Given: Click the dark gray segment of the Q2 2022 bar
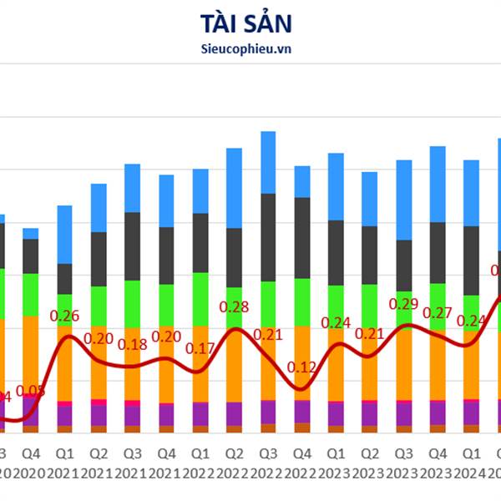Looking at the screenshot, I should [x=235, y=256].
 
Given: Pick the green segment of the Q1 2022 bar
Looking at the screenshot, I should [x=200, y=298].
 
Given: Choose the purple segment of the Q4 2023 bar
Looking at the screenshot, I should [x=438, y=412].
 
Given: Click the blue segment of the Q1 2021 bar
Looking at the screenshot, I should [x=65, y=234].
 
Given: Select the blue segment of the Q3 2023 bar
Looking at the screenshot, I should [x=404, y=200].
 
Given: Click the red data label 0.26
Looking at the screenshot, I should [x=65, y=316].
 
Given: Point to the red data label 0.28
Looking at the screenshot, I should [x=235, y=307].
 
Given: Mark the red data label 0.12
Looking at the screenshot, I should [x=301, y=367].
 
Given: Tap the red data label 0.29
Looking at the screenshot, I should [x=404, y=305].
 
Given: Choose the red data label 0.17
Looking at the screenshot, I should [x=200, y=348].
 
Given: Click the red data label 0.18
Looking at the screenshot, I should [x=133, y=344].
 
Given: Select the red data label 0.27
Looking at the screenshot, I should [x=438, y=313].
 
